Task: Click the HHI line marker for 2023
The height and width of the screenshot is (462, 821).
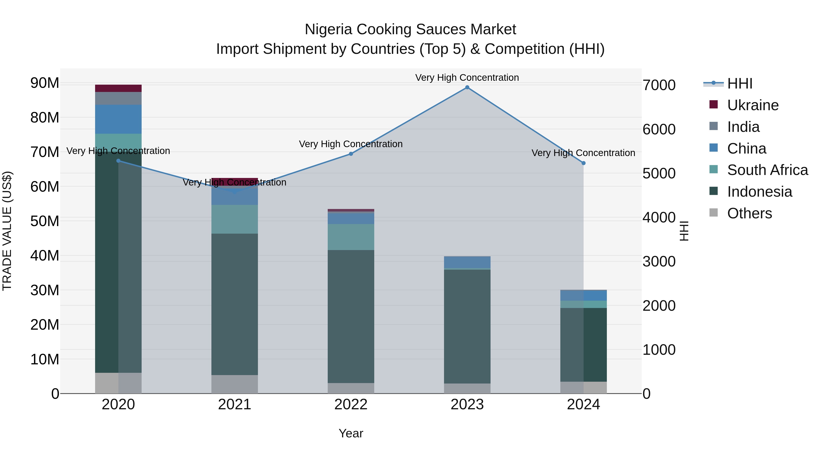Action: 467,87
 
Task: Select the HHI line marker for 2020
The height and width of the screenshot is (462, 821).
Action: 118,161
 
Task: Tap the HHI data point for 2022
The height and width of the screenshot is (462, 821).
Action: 351,154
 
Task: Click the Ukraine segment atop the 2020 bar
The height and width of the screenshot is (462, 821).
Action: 118,88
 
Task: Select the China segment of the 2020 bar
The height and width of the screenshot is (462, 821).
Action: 118,119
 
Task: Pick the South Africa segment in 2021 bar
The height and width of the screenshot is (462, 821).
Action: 235,219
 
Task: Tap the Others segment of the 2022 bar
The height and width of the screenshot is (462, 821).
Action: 351,388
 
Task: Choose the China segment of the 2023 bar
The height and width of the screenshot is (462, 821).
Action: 467,262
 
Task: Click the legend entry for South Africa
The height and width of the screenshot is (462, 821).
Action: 767,170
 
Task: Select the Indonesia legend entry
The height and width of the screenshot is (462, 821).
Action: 759,192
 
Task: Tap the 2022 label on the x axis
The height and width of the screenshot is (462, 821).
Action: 351,405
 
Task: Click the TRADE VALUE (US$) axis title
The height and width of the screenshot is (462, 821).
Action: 7,231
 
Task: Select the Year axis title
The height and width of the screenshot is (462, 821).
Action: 351,433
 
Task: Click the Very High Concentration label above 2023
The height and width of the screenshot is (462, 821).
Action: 467,78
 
